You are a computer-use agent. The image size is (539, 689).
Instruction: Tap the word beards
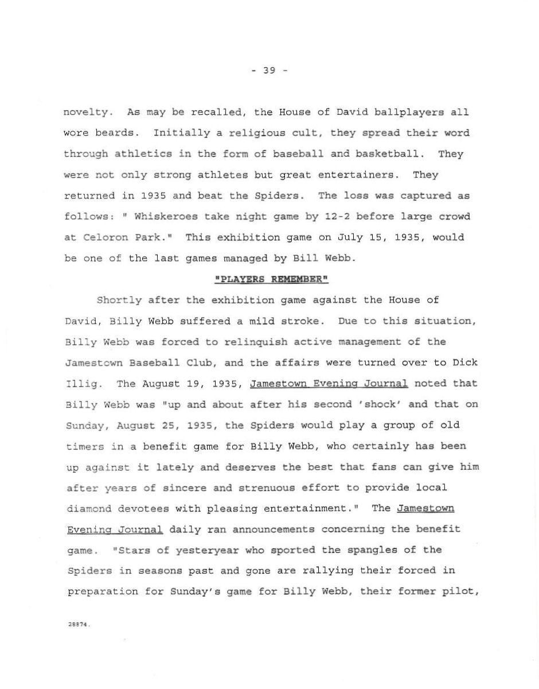pos(119,133)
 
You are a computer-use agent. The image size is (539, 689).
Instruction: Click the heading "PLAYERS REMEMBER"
pos(270,279)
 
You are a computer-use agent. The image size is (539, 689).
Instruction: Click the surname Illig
pos(80,383)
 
